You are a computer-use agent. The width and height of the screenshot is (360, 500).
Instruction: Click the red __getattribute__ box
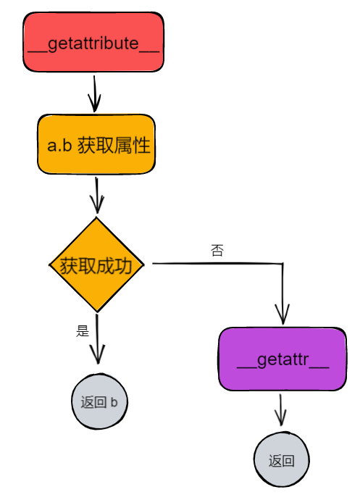[x=93, y=43]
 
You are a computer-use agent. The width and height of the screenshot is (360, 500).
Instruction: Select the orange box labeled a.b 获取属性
[x=96, y=145]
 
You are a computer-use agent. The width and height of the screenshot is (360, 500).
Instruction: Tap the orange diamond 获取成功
[x=96, y=265]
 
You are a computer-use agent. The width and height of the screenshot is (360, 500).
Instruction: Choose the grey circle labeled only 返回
[x=281, y=461]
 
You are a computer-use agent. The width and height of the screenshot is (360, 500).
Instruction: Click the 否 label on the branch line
[x=217, y=251]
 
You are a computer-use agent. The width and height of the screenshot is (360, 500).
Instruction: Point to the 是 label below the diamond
[x=82, y=331]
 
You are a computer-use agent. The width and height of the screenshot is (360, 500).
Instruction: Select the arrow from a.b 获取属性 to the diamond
[x=96, y=195]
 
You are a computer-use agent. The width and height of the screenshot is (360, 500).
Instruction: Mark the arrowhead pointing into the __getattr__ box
[x=282, y=316]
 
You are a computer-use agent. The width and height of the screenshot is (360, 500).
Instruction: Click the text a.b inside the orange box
[x=59, y=146]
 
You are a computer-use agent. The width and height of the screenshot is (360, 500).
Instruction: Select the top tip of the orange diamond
[x=96, y=218]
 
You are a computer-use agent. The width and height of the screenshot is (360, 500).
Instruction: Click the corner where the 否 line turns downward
[x=282, y=264]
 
